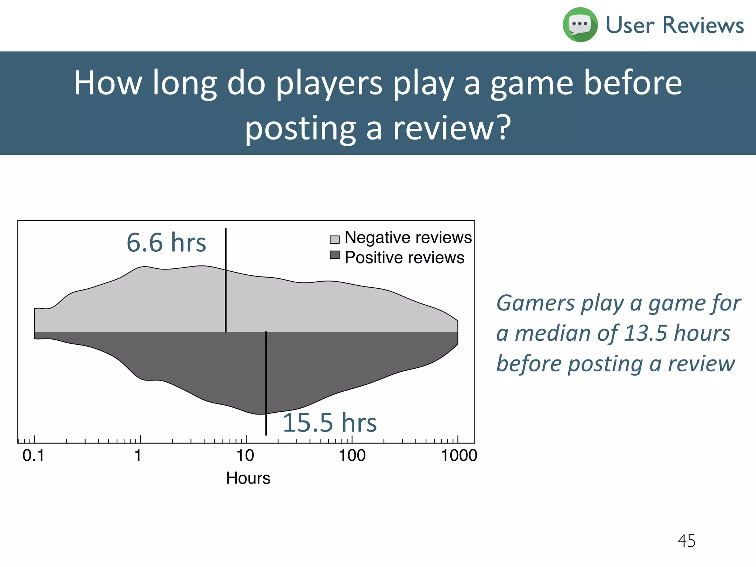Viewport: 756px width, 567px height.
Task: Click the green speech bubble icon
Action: (580, 25)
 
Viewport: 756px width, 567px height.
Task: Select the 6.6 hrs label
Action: (166, 243)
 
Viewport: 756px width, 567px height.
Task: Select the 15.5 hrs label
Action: (329, 422)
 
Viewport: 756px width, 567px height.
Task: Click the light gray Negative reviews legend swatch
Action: (334, 240)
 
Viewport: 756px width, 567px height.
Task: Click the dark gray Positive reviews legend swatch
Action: (334, 255)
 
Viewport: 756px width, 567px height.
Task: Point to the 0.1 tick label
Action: (33, 456)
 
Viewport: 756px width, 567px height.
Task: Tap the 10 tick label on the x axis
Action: (245, 456)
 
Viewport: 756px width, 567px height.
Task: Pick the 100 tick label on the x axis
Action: (352, 456)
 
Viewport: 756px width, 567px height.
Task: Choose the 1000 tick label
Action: (459, 456)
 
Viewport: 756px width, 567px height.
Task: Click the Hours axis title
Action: (248, 478)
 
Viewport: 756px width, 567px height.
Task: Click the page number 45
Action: (686, 541)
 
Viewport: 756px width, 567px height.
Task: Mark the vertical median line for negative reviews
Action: (226, 281)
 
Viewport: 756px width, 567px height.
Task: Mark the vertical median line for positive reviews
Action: (266, 384)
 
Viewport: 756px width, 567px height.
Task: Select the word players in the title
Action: (329, 83)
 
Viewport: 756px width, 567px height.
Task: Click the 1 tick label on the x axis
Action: (138, 456)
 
